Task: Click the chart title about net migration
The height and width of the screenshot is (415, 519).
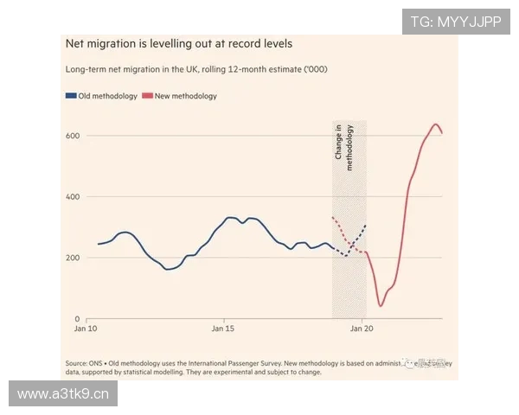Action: point(179,43)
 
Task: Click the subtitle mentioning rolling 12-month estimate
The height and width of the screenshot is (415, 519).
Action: point(196,69)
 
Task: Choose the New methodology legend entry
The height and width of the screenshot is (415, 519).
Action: point(185,96)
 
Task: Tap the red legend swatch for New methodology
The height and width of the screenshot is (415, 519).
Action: point(149,96)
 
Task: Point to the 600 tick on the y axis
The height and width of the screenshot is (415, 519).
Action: point(73,137)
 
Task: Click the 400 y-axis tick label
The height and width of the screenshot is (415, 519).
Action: point(73,197)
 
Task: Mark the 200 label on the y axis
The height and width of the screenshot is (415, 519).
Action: point(73,258)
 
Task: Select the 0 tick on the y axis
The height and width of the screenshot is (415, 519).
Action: point(77,319)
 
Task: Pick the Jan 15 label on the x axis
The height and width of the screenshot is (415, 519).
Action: point(224,329)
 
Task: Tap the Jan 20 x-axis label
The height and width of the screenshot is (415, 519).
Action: point(362,329)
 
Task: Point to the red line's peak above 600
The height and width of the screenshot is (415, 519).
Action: point(435,124)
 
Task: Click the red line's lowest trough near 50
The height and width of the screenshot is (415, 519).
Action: point(381,305)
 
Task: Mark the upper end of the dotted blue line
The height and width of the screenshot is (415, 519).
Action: point(366,225)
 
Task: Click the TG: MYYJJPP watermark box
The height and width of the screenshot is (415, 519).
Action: point(455,21)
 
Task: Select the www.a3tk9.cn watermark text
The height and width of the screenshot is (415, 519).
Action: point(62,394)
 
